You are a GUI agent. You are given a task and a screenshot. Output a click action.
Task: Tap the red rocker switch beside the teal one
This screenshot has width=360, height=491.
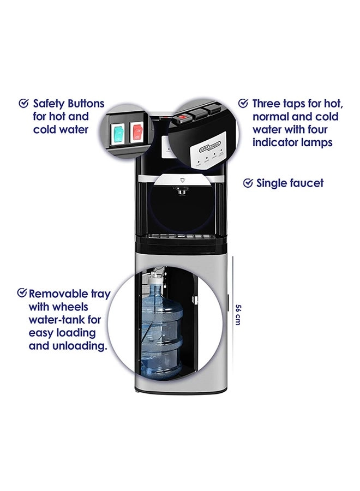pos(136,132)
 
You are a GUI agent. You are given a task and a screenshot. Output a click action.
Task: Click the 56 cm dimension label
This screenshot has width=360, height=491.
pos(238,313)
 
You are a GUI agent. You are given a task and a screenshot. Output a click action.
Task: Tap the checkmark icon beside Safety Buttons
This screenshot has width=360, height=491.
pos(23,103)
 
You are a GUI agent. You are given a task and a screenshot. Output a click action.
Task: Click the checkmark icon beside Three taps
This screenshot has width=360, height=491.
pos(243,103)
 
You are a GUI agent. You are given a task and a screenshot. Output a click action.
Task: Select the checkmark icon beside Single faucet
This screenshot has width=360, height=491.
pos(248,183)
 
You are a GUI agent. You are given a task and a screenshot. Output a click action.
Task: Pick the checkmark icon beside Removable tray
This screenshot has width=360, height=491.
pos(22,293)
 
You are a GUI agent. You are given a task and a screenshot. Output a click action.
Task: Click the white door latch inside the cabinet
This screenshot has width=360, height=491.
pos(194,300)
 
